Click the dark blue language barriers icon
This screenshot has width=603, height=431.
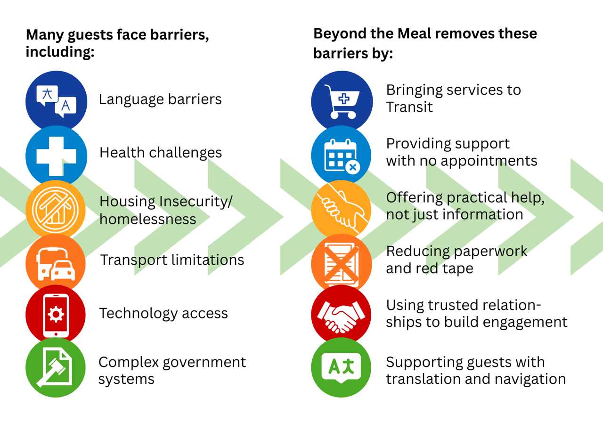56,101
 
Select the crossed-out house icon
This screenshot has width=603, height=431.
56,209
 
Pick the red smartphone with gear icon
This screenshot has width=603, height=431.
56,315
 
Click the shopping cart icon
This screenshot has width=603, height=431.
342,101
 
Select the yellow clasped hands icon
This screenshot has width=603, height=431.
342,209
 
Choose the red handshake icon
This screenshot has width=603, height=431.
342,315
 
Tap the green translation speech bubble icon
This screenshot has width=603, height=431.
342,368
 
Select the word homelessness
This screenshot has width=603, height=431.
147,219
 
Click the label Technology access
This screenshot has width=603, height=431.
163,314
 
